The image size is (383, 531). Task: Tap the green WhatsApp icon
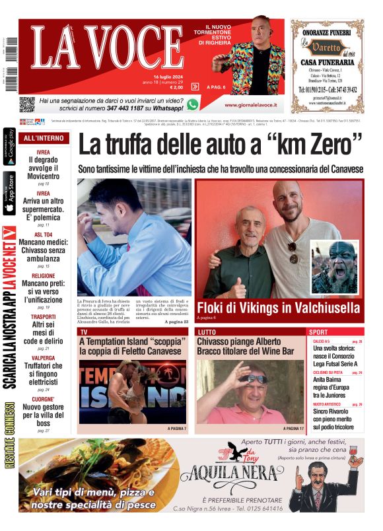pyautogui.click(x=192, y=104)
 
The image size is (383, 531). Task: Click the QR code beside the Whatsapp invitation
pyautogui.click(x=26, y=104)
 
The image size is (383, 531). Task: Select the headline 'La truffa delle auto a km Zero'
pyautogui.click(x=221, y=145)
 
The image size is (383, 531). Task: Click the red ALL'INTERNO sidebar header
pyautogui.click(x=44, y=139)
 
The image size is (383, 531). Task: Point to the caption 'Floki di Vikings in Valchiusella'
pyautogui.click(x=278, y=308)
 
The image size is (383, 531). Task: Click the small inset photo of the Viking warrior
pyautogui.click(x=335, y=267)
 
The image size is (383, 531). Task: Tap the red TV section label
pyautogui.click(x=85, y=332)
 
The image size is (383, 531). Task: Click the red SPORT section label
pyautogui.click(x=319, y=332)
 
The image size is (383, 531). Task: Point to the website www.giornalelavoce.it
pyautogui.click(x=250, y=105)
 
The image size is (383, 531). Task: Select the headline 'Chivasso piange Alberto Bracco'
pyautogui.click(x=246, y=347)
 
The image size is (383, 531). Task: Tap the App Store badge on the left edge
pyautogui.click(x=10, y=193)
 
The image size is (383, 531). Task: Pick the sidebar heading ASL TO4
pyautogui.click(x=43, y=234)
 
